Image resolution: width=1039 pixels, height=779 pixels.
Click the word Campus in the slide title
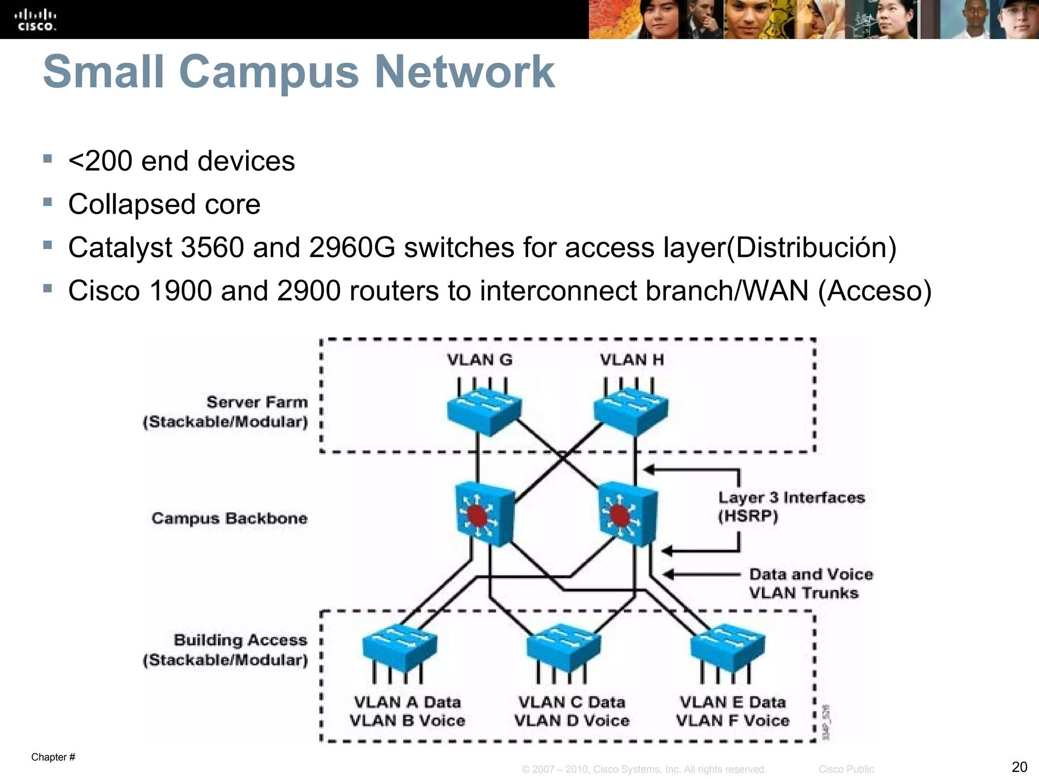[269, 72]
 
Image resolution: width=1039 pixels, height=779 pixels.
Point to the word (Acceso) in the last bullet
[875, 291]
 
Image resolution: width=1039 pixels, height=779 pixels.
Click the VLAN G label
[479, 360]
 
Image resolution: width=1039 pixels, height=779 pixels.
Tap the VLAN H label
[632, 360]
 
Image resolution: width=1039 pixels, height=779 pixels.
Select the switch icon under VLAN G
[483, 412]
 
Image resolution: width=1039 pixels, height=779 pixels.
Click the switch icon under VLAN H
[631, 412]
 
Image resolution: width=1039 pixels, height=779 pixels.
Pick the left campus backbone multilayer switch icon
[484, 513]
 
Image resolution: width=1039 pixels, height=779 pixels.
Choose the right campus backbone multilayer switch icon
[628, 513]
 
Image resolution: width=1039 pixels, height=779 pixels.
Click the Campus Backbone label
[229, 518]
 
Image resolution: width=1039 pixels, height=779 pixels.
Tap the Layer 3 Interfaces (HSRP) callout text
[790, 507]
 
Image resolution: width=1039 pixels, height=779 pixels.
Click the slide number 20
[1019, 766]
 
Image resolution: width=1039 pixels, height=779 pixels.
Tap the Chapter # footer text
[53, 757]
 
